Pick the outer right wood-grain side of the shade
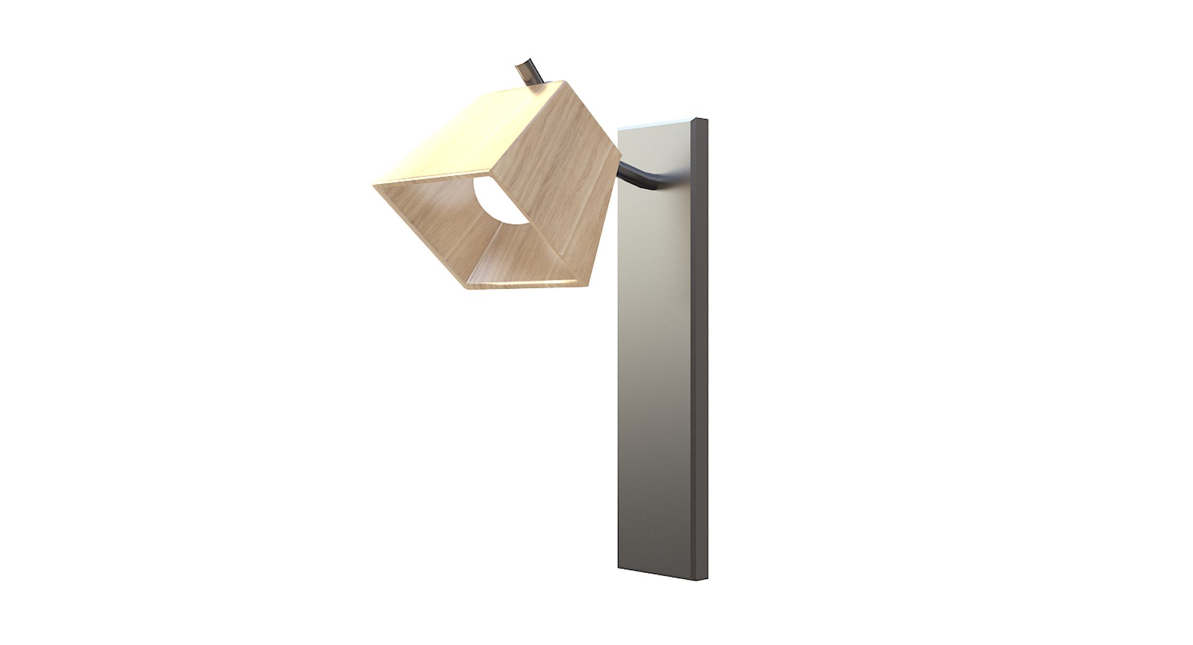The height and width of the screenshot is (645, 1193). (x=559, y=180)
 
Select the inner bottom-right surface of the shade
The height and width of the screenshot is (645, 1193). (x=534, y=261)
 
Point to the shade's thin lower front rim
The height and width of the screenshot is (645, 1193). (x=528, y=284)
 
